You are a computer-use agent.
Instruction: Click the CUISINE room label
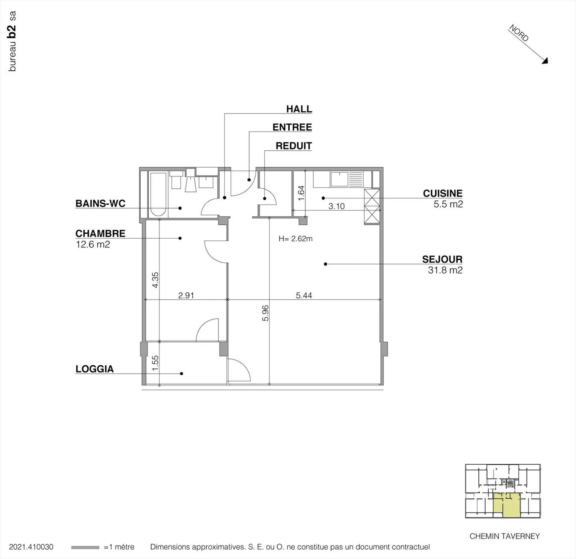point(442,194)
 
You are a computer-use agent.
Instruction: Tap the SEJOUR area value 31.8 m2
point(445,270)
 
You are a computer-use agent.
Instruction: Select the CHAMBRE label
point(100,234)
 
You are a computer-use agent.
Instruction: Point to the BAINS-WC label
point(100,204)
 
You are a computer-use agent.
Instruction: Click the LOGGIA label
point(94,369)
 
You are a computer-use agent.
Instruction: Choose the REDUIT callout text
point(294,146)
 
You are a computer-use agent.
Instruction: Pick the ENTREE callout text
point(292,128)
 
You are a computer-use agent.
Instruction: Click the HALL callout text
point(299,109)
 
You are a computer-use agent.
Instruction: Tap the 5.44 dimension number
point(304,295)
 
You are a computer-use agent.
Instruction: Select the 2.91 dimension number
point(186,295)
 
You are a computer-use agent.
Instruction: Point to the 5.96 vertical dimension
point(265,313)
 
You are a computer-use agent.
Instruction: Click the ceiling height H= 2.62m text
point(296,239)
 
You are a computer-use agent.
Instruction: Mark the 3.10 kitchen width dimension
point(336,206)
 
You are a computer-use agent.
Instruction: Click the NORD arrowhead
point(545,61)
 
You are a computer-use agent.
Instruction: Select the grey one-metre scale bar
point(85,547)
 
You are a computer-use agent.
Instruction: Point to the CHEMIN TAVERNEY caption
point(504,536)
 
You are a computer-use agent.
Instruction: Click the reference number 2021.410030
point(31,547)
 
